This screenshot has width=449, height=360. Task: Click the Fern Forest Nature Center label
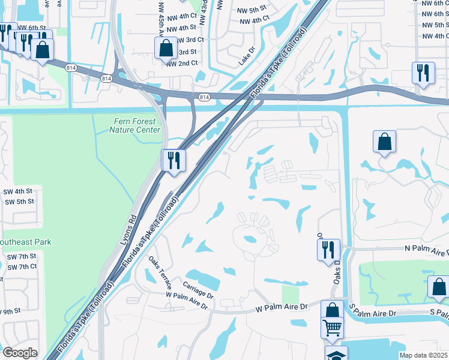[x=137, y=125]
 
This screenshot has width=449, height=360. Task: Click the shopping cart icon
[x=331, y=329]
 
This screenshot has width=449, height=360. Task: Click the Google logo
[x=20, y=353]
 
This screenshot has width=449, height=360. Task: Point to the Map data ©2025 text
[x=423, y=355]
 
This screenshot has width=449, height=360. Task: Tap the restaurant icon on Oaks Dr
[x=328, y=249]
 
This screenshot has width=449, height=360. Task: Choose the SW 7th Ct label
[x=22, y=266]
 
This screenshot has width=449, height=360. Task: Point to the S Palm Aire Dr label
[x=373, y=313]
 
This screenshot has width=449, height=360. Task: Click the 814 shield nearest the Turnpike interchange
[x=204, y=97]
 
